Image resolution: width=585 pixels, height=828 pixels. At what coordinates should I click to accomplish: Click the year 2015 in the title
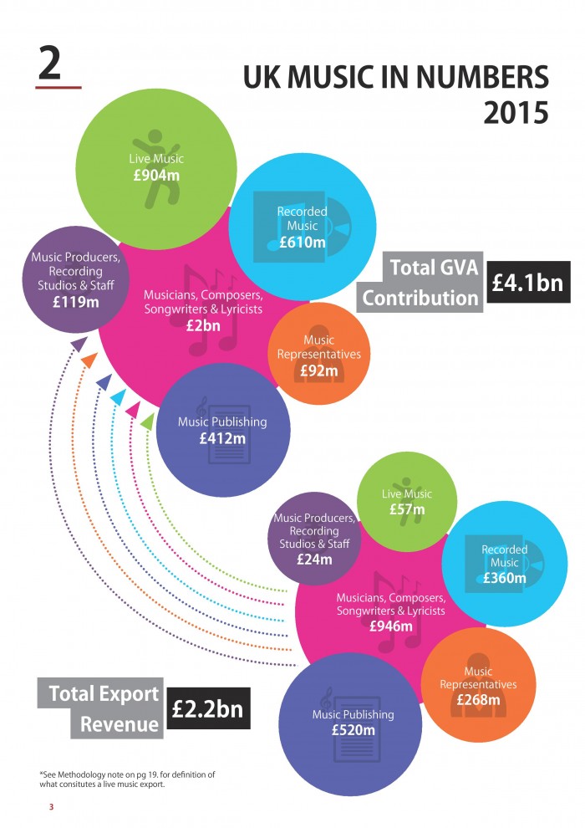click(x=516, y=112)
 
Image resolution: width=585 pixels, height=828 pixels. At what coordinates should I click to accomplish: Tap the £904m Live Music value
click(x=156, y=176)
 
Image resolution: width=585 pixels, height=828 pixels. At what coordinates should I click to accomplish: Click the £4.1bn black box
click(x=529, y=283)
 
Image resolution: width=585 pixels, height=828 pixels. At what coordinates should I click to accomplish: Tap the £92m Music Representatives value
click(x=318, y=370)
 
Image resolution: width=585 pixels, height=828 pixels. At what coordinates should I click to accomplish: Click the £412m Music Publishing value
click(x=221, y=437)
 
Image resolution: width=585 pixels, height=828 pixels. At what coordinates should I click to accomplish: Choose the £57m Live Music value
click(x=406, y=509)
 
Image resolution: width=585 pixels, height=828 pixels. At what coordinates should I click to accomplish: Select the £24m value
click(x=313, y=560)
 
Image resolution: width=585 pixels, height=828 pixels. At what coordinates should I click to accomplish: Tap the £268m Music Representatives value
click(x=477, y=700)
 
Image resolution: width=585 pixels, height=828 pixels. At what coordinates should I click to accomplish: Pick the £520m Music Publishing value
click(x=353, y=730)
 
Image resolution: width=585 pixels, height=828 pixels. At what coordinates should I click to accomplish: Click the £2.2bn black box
click(x=208, y=708)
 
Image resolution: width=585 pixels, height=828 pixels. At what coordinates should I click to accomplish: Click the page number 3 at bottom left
click(x=50, y=806)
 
